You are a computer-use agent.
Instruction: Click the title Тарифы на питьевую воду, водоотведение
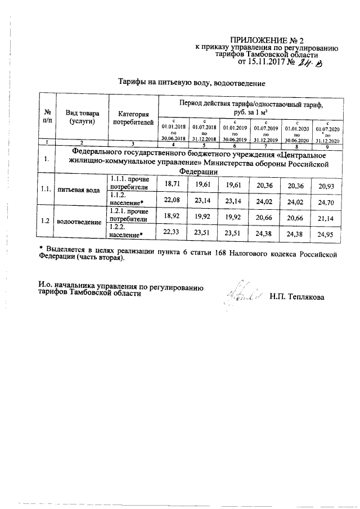191,83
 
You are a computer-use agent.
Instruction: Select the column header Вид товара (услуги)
81,117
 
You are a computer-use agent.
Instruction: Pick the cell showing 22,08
173,200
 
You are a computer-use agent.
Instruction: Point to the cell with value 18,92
173,215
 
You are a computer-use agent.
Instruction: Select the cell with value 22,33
173,231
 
